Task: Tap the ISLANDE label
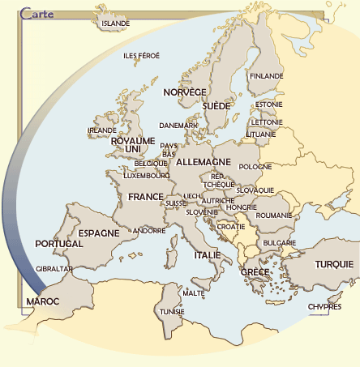[x=116, y=23]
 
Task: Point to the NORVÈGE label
[x=185, y=92]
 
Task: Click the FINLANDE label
[x=267, y=76]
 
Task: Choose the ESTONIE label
[x=268, y=105]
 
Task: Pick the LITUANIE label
[x=260, y=134]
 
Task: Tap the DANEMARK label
[x=178, y=126]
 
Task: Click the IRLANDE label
[x=102, y=130]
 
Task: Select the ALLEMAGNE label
[x=204, y=162]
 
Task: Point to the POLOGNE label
[x=256, y=166]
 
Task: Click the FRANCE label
[x=146, y=197]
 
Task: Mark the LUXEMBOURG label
[x=146, y=175]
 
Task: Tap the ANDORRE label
[x=148, y=231]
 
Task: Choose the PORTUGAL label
[x=59, y=244]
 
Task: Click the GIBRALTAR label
[x=55, y=269]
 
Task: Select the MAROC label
[x=43, y=301]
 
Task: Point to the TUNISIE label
[x=172, y=311]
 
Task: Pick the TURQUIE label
[x=334, y=264]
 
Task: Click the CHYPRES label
[x=324, y=307]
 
